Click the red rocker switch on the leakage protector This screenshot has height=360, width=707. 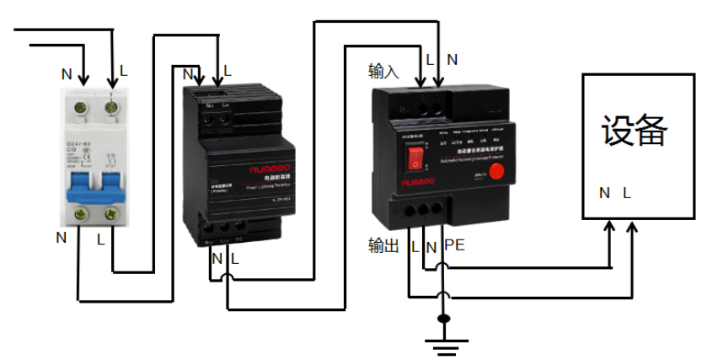pos(415,159)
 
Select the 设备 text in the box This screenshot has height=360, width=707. pos(634,131)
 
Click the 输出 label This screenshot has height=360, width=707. pos(383,246)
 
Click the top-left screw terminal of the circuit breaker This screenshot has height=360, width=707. pos(83,107)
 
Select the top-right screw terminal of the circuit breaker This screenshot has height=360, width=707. pos(110,107)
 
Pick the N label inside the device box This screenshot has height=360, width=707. pos(604,193)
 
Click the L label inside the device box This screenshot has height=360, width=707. pos(626,193)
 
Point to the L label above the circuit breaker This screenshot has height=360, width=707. pos(123,72)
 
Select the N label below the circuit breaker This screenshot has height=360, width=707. pos(61,238)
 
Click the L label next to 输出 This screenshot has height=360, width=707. pos(415,246)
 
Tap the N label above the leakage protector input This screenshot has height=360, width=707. pos(453,60)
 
